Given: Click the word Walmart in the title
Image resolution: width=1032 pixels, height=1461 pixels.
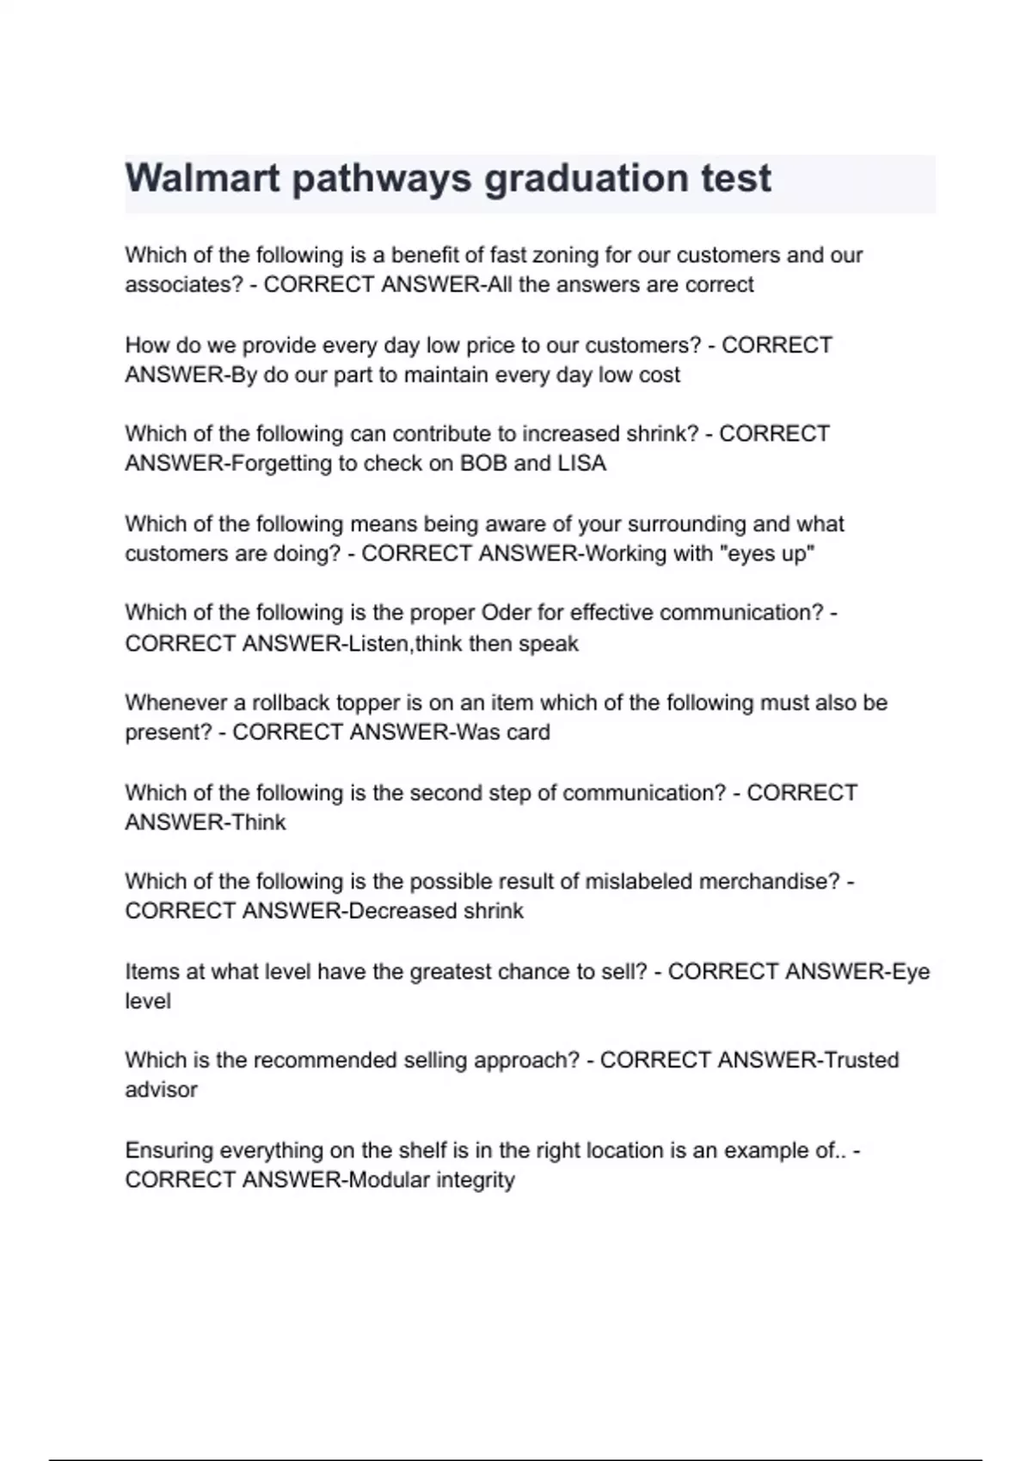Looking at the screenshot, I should tap(203, 179).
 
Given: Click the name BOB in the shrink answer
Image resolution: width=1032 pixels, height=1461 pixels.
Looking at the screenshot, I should tap(483, 463).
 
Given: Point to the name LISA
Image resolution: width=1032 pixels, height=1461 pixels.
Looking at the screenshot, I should tap(581, 463).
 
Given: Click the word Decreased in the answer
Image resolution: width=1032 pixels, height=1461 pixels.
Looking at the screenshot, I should tap(402, 911).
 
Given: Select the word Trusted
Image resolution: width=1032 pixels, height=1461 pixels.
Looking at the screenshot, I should tap(861, 1061).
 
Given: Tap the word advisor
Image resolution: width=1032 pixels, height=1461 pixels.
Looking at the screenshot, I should tap(161, 1090).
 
